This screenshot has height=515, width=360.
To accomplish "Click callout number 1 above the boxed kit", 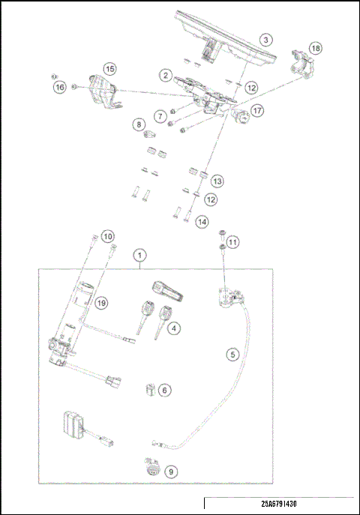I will (x=141, y=255).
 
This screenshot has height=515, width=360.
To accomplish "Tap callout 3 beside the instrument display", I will (x=266, y=40).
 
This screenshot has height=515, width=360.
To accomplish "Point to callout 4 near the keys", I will (x=174, y=328).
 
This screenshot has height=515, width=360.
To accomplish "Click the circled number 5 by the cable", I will (x=232, y=352).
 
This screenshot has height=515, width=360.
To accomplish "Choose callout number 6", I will (x=164, y=390).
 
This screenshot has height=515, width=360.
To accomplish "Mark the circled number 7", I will (x=160, y=116).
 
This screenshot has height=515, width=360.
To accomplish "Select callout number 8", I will (x=139, y=124).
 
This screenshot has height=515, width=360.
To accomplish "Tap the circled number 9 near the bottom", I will (x=172, y=472).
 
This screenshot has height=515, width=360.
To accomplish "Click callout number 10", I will (x=108, y=237).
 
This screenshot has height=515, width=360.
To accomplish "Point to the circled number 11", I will (x=233, y=242).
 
